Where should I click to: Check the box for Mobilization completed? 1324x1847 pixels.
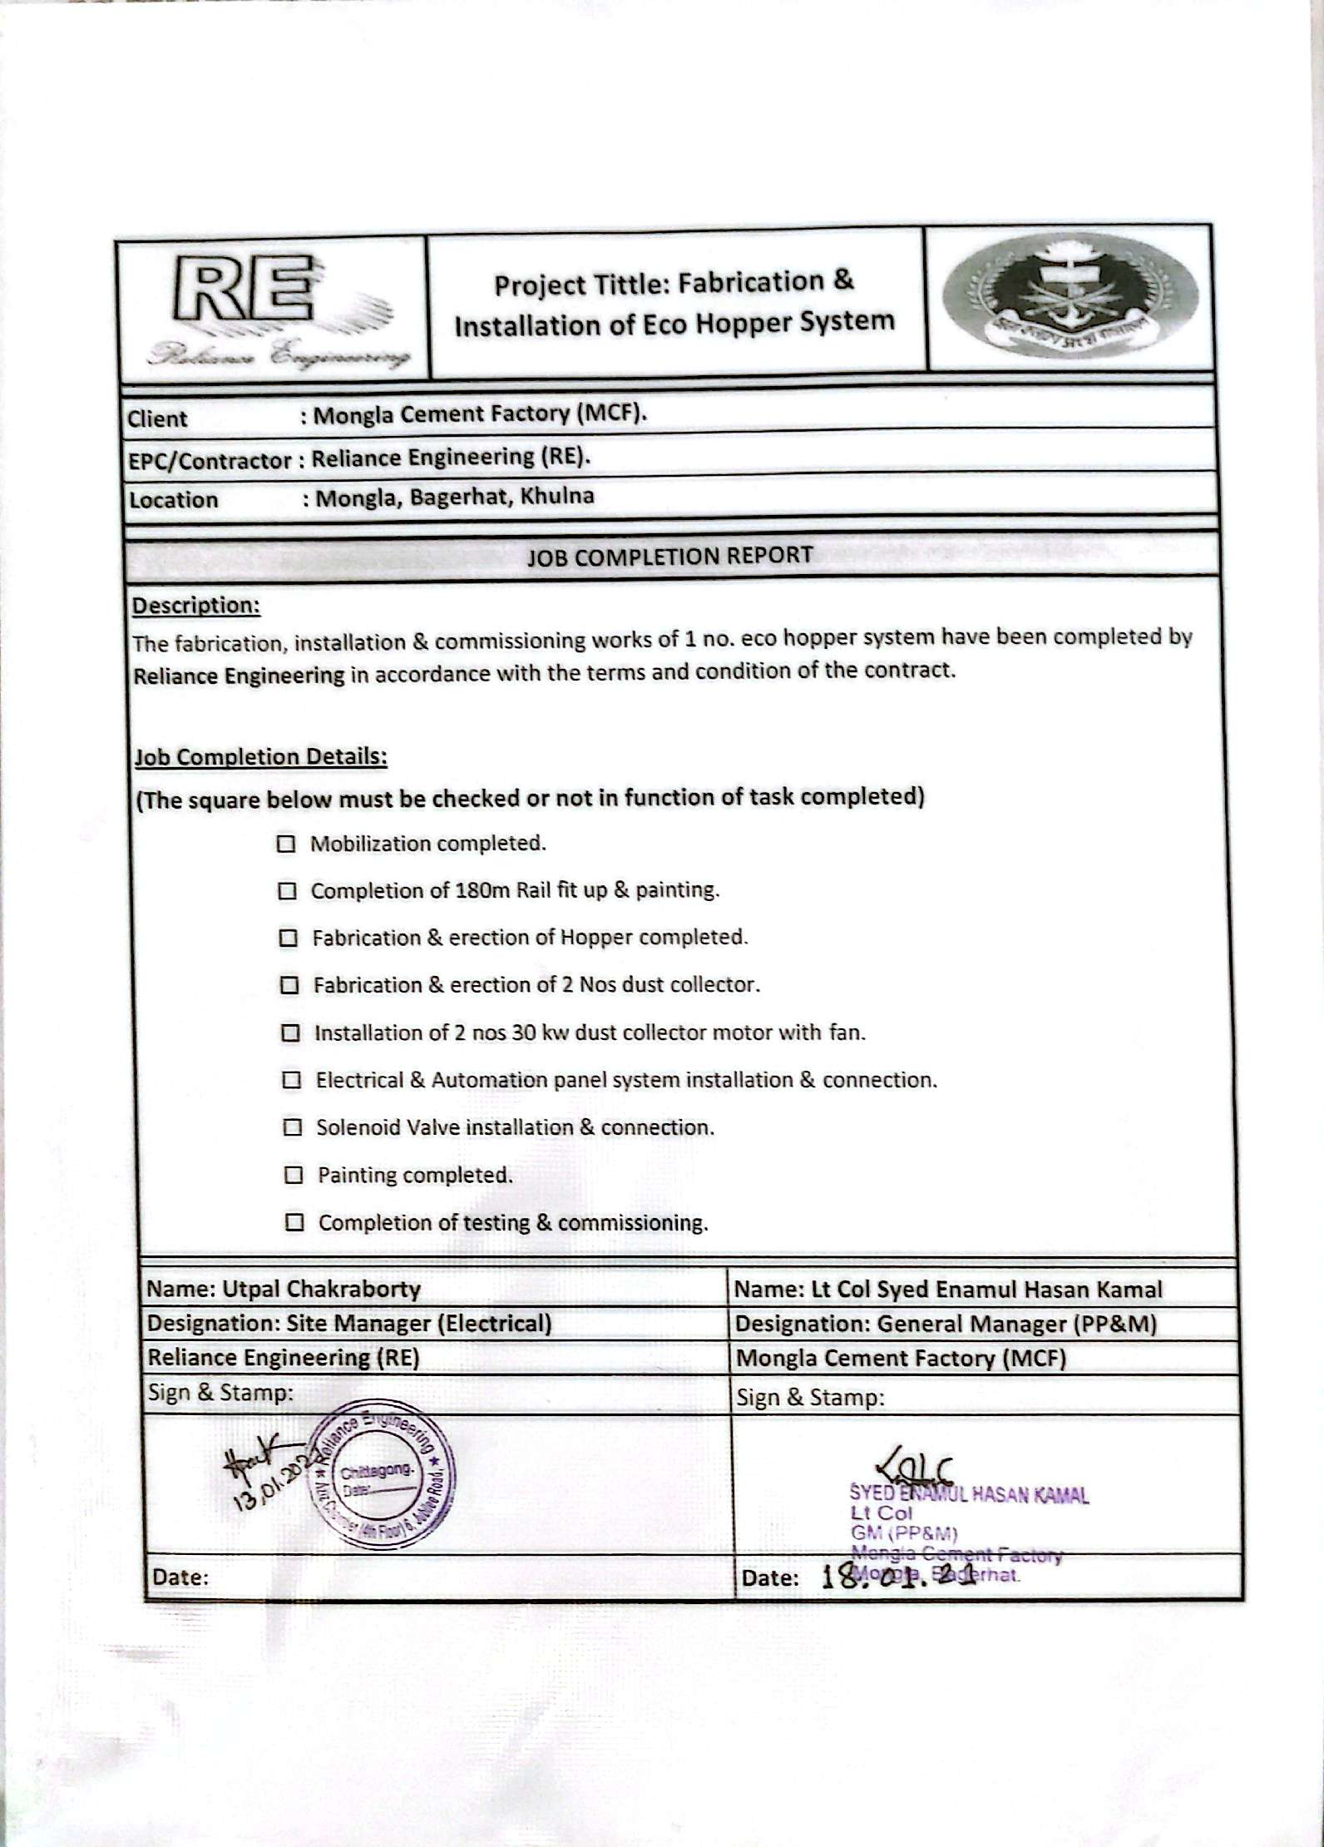coord(286,844)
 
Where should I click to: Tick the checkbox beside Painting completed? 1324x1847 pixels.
coord(294,1175)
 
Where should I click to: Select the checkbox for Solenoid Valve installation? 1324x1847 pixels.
coord(293,1127)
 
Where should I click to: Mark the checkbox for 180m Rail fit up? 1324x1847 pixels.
coord(287,891)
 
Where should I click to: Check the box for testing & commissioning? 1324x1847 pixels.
coord(294,1222)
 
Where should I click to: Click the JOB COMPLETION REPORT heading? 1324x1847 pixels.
coord(669,556)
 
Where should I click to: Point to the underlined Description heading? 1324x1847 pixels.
coord(196,605)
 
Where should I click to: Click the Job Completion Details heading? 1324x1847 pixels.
coord(261,756)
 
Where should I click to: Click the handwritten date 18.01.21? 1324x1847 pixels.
coord(898,1575)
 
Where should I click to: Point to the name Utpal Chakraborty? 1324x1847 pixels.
coord(321,1289)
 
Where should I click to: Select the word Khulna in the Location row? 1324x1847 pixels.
coord(557,497)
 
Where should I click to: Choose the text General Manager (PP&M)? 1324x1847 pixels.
coord(1017,1324)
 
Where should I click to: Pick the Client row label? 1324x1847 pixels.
coord(157,418)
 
